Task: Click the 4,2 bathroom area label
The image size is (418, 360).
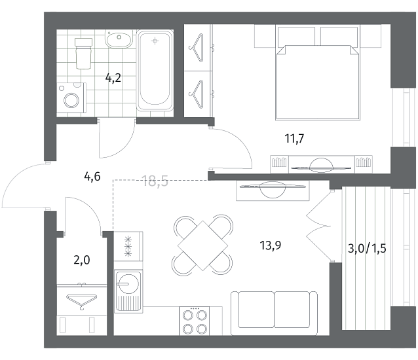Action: click(x=113, y=78)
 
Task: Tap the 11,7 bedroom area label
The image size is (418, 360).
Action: click(x=294, y=139)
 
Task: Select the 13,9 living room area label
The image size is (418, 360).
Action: click(x=271, y=245)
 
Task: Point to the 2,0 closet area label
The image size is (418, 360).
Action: click(x=82, y=260)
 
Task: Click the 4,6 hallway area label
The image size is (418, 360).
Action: click(x=92, y=176)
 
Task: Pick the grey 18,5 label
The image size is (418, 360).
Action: click(x=156, y=181)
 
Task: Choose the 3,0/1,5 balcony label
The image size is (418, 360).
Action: click(x=367, y=249)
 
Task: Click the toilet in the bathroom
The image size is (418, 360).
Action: click(x=83, y=53)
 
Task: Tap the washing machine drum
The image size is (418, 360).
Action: click(x=71, y=100)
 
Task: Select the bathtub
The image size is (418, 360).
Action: click(x=155, y=71)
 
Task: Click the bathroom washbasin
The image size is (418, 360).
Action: click(x=119, y=39)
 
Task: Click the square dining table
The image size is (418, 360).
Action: click(x=202, y=245)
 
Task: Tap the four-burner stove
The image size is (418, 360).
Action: click(x=195, y=321)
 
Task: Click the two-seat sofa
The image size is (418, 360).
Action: click(x=274, y=313)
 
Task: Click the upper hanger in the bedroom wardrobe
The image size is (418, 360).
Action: click(x=197, y=48)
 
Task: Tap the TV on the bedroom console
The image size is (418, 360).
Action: click(x=321, y=166)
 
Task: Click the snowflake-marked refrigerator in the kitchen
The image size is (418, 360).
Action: click(x=128, y=246)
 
